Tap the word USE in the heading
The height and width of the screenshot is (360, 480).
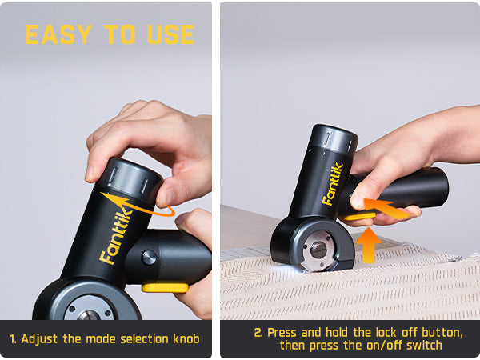coord(171,34)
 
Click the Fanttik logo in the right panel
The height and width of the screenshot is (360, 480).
coord(333,184)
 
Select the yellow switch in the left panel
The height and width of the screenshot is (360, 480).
coord(165,288)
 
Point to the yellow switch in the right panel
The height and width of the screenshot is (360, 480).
coord(359,217)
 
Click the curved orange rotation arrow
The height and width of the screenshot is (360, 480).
coord(138,205)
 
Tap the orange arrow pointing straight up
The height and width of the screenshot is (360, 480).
coord(369,246)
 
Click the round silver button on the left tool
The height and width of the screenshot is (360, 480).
coord(149,257)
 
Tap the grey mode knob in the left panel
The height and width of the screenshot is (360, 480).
coord(130,178)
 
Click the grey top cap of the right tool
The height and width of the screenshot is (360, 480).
coord(334,138)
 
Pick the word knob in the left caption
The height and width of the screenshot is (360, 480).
coord(186,339)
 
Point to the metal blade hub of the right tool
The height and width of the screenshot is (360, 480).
coord(318,250)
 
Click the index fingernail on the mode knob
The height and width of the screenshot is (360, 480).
coord(90,174)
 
